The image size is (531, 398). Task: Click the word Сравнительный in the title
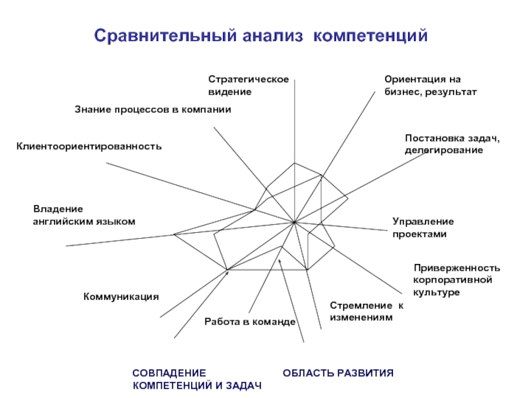(165, 36)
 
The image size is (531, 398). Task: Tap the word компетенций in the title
(370, 36)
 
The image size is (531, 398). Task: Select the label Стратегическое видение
(248, 86)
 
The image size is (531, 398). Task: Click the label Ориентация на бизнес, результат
(430, 86)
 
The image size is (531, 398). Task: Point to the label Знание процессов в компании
(153, 109)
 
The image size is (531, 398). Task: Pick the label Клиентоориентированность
(89, 147)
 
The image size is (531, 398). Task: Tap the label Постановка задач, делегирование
(452, 144)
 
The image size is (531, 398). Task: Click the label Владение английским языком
(84, 215)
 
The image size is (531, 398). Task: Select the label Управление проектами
(423, 228)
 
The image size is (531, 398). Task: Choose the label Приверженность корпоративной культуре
(457, 280)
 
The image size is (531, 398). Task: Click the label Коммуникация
(121, 297)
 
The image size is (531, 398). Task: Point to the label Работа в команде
(250, 322)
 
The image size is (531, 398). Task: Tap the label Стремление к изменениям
(367, 311)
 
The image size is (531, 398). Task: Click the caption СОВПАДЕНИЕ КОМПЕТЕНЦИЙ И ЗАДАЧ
(197, 379)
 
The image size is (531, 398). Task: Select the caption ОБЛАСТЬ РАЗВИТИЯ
(338, 373)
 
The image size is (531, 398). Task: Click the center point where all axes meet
(294, 222)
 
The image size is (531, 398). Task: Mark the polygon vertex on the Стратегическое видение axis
(294, 163)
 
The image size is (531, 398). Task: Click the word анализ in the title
(273, 36)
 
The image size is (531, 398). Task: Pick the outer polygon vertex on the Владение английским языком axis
(174, 234)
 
